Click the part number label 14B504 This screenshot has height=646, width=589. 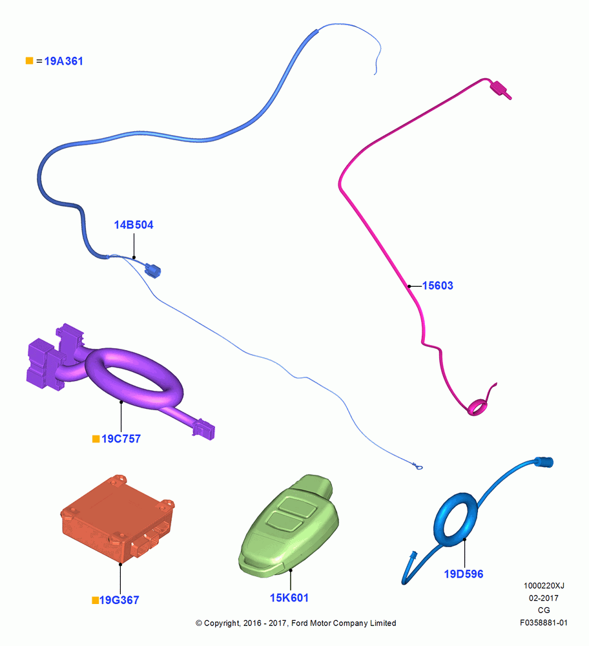click(134, 225)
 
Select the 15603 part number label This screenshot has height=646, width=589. click(437, 286)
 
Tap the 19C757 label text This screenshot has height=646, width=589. click(121, 439)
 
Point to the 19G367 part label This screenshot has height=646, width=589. click(119, 600)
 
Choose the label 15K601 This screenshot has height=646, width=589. click(289, 598)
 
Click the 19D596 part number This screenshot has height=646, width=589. click(463, 574)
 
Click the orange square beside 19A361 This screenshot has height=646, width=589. click(29, 61)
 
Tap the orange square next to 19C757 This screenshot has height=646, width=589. click(96, 439)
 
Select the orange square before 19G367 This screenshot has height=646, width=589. click(95, 600)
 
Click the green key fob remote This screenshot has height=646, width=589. click(289, 525)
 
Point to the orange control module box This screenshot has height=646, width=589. click(118, 519)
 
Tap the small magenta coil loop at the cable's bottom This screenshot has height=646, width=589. click(477, 407)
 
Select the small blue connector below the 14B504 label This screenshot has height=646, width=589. click(153, 271)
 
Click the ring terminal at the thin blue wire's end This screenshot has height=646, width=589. click(418, 466)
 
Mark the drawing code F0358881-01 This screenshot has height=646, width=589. click(544, 623)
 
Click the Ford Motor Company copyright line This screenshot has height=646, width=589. click(296, 623)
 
